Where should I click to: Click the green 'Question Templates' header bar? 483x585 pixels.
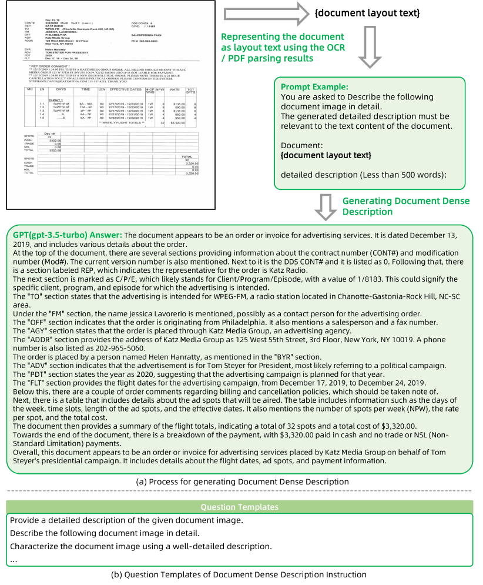pyautogui.click(x=239, y=507)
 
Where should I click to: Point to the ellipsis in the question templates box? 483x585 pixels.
pyautogui.click(x=14, y=560)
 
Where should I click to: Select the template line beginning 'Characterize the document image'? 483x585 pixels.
pyautogui.click(x=140, y=546)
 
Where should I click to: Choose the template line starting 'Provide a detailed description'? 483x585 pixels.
pyautogui.click(x=126, y=520)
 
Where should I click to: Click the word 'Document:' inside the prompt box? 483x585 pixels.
pyautogui.click(x=300, y=145)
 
